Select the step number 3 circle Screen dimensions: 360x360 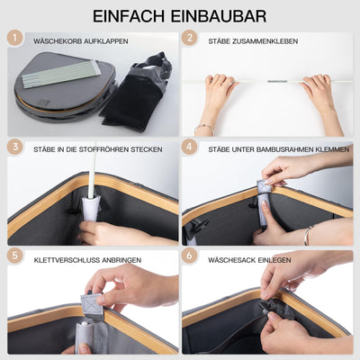15,146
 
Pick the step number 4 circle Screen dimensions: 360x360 189,146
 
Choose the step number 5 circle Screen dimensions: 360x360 15,255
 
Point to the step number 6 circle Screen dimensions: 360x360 189,255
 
